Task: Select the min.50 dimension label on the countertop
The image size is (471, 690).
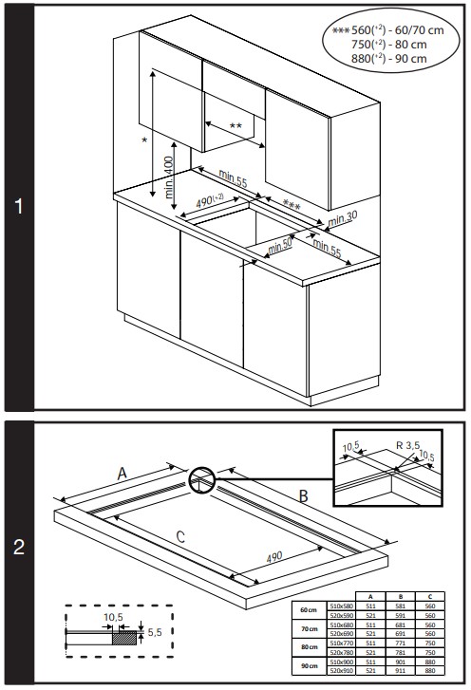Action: point(279,245)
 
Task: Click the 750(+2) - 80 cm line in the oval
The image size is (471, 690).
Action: point(388,45)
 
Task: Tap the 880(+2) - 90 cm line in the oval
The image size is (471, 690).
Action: point(388,59)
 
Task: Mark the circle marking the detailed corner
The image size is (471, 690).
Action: point(201,481)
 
